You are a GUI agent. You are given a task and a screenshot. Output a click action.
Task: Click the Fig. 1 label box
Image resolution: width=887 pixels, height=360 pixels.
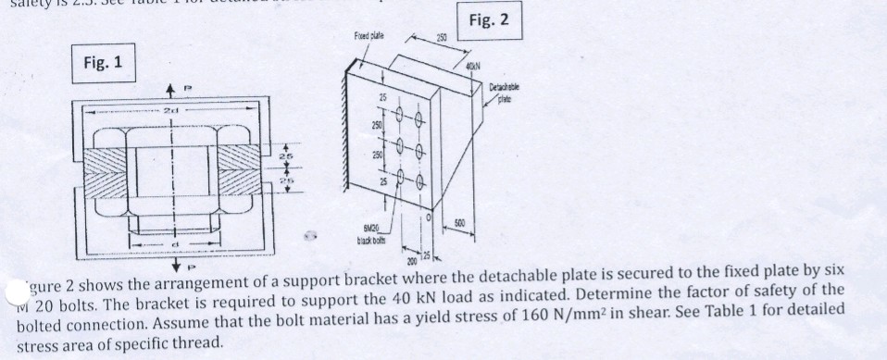102,66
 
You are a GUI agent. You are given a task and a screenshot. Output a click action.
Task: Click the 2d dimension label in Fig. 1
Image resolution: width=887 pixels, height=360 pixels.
169,108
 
